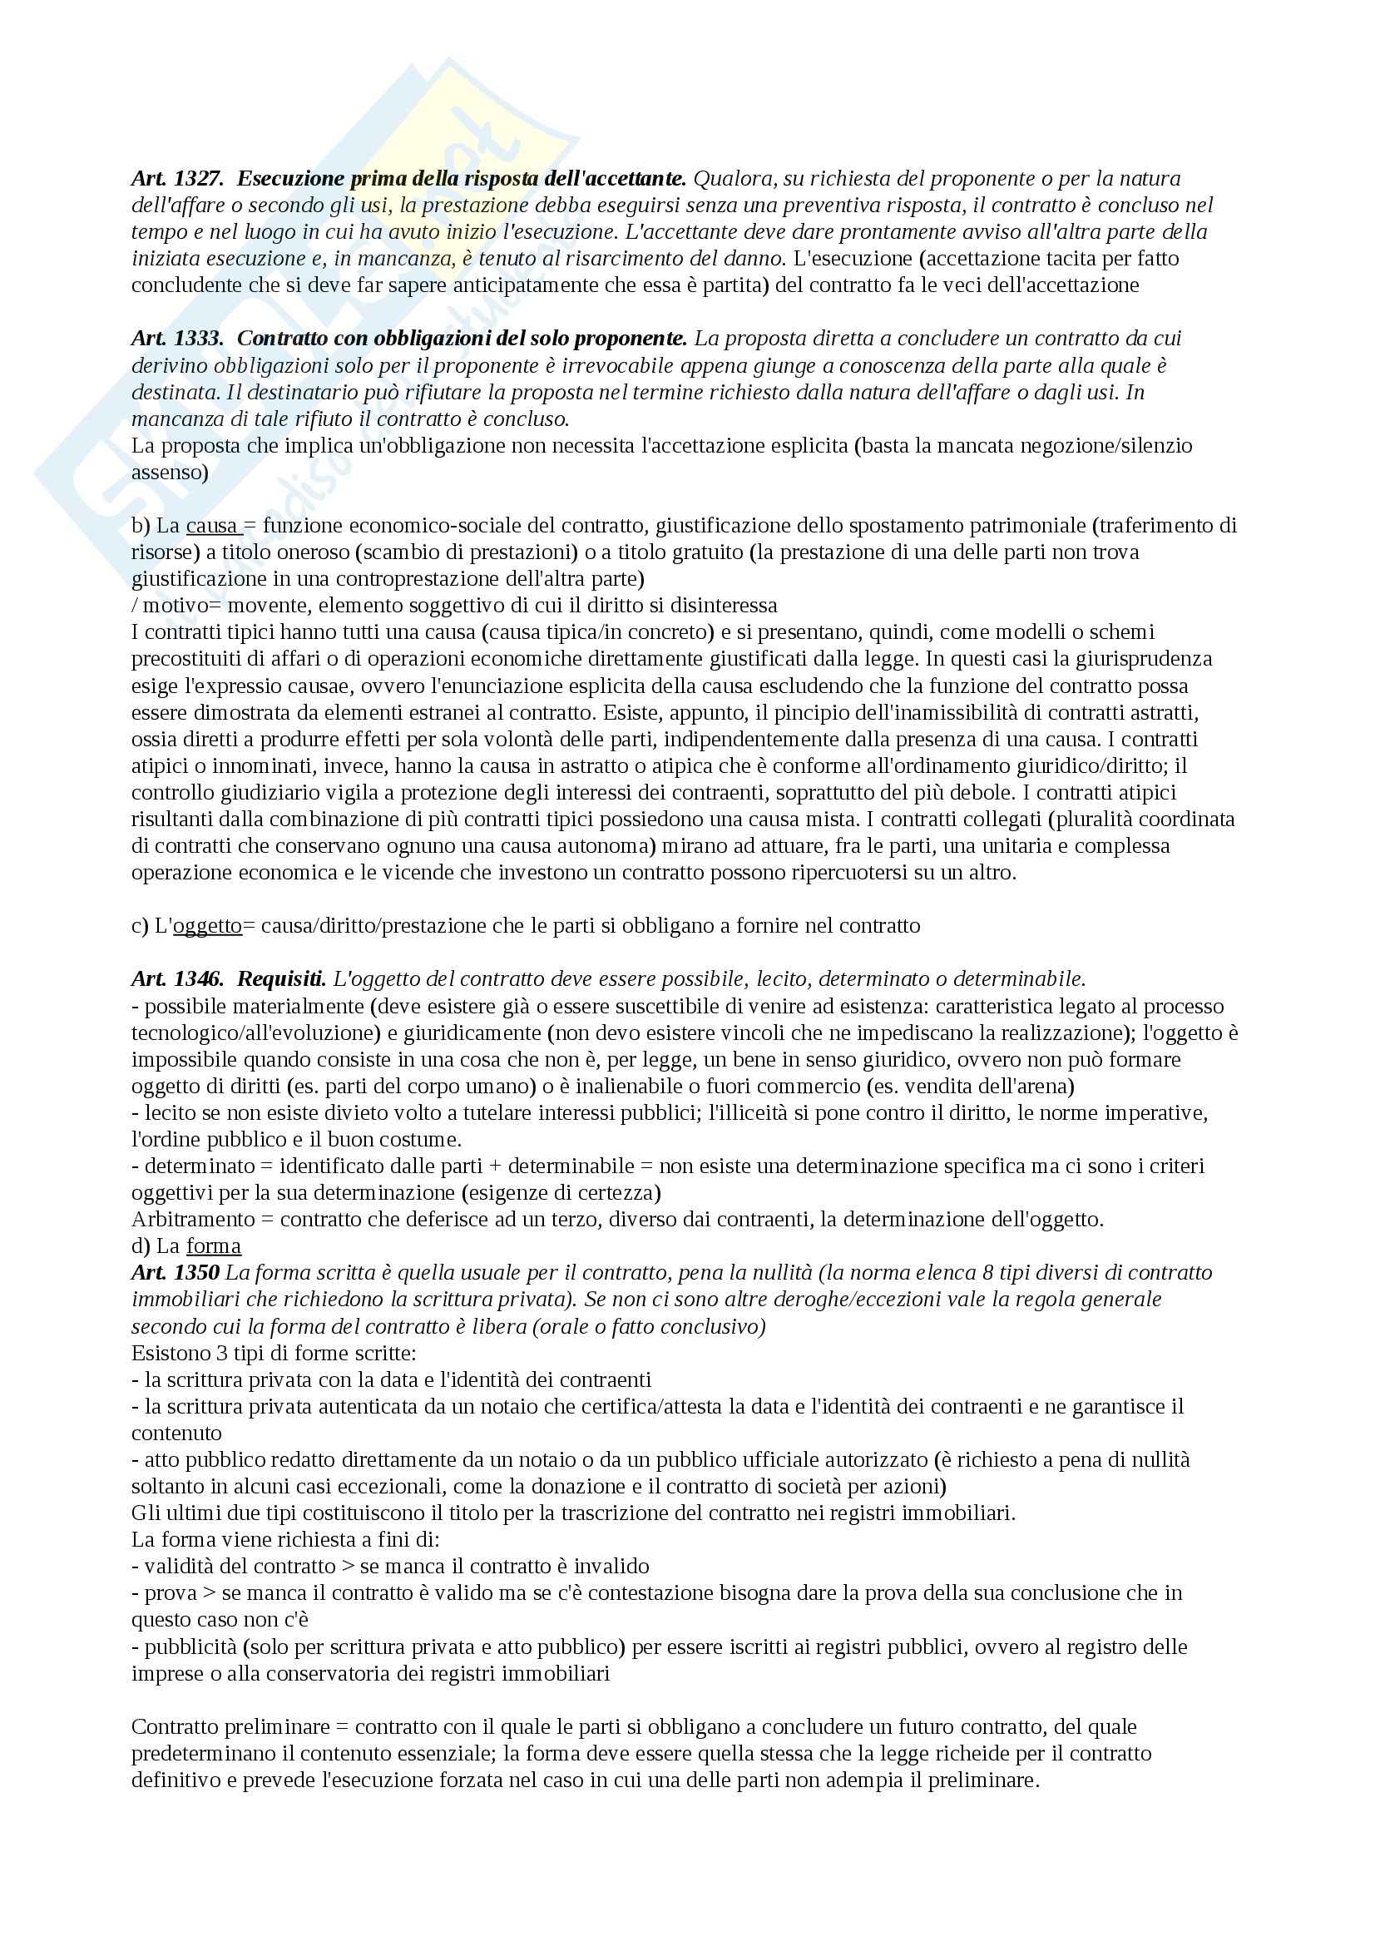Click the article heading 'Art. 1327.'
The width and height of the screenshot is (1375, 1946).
click(177, 179)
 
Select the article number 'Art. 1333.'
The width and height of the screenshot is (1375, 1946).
click(177, 338)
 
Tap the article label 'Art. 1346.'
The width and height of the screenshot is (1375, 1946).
click(177, 979)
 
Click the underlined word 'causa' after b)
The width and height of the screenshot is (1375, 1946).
click(212, 526)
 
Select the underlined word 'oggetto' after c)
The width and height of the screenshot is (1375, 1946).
click(208, 925)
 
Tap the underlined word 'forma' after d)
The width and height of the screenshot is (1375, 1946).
click(214, 1246)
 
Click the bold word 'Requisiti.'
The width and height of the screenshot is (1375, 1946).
click(281, 979)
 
